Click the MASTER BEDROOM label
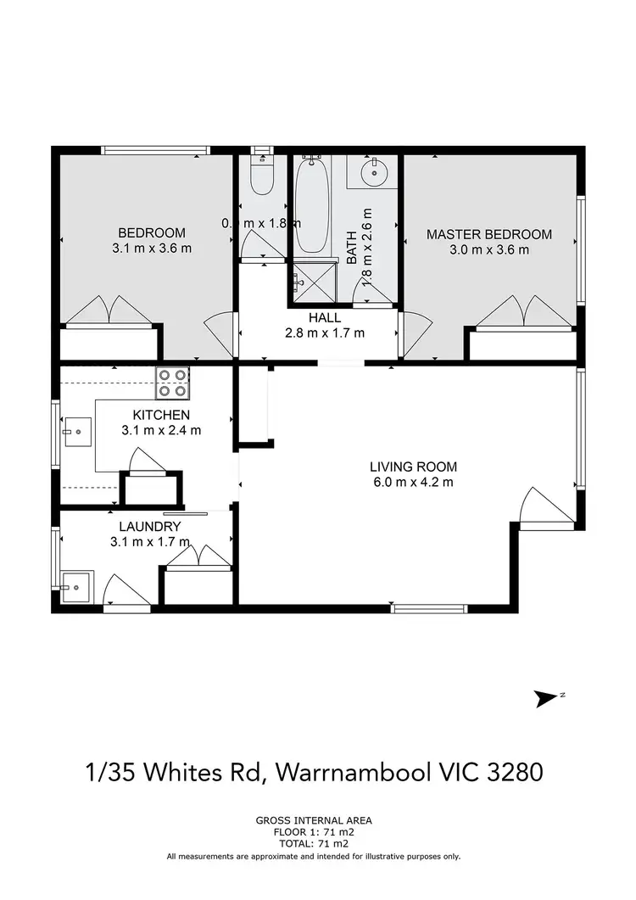coord(488,234)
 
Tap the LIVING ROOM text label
coord(413,467)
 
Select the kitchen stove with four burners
coord(171,383)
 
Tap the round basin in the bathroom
coord(374,172)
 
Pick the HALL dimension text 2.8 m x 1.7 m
coord(325,333)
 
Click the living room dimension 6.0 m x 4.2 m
coord(413,483)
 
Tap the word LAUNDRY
coord(150,527)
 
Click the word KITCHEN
coord(160,415)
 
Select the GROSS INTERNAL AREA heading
coord(314,820)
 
